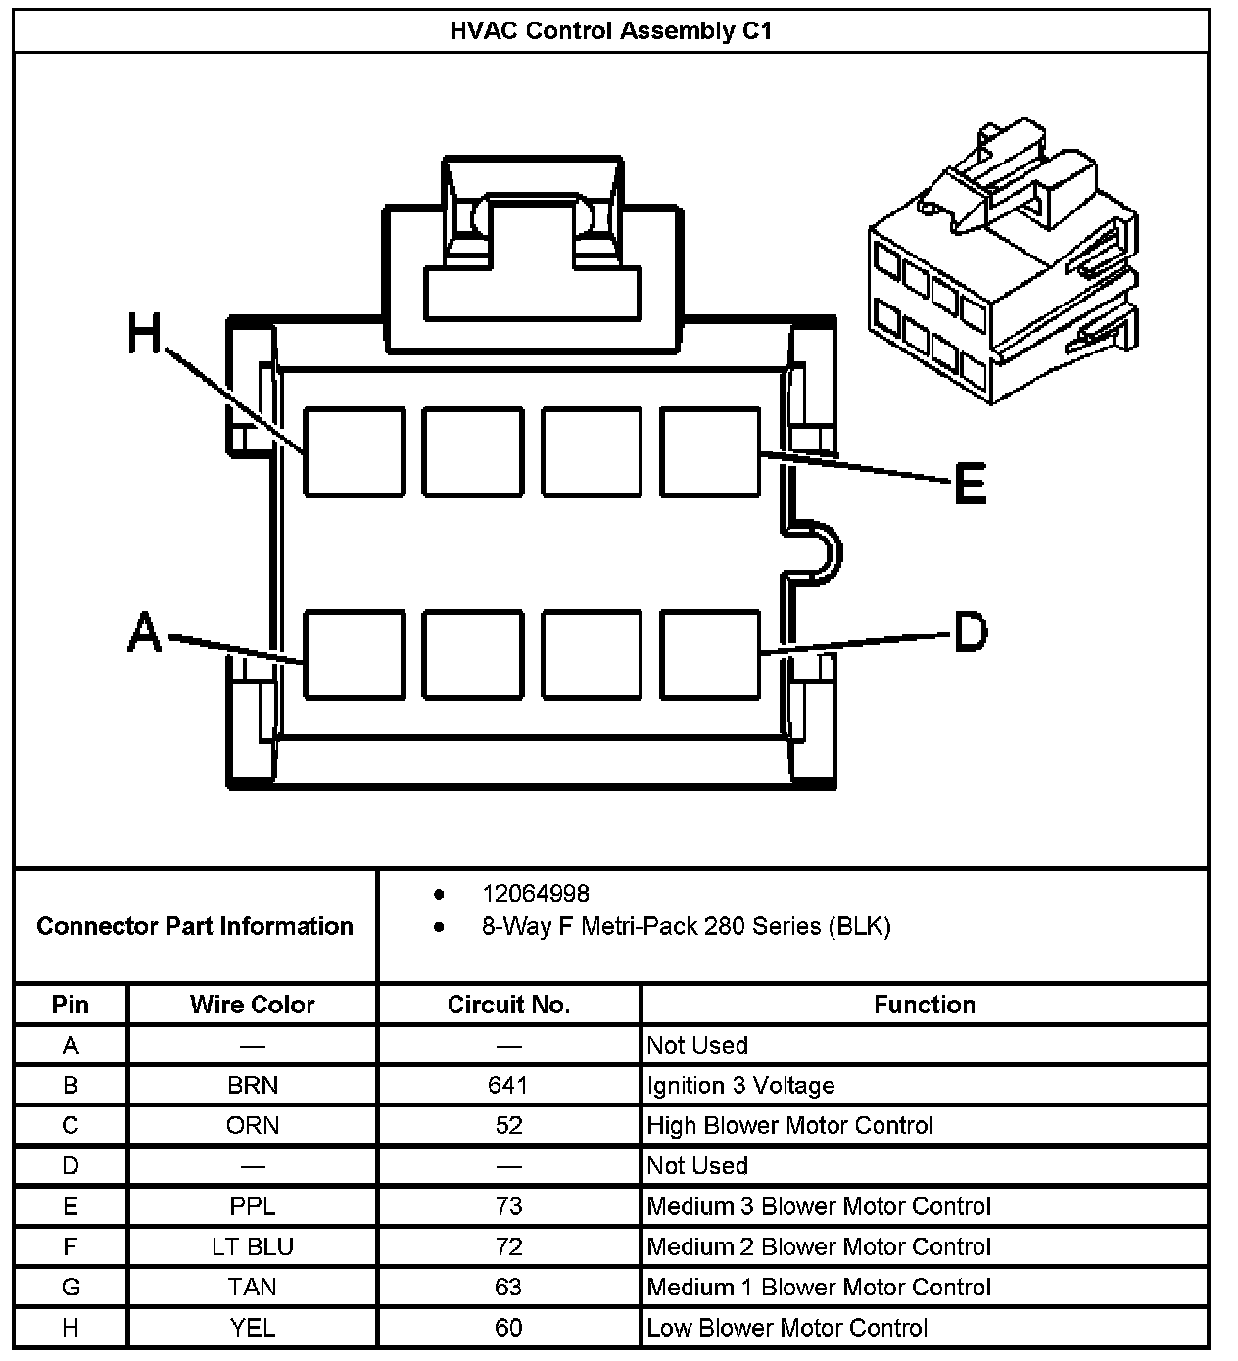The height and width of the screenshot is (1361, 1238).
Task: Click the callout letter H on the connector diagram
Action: pyautogui.click(x=144, y=333)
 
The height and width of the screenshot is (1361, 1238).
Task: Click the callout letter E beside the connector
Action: pyautogui.click(x=970, y=484)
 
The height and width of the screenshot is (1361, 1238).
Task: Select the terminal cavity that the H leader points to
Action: pyautogui.click(x=354, y=452)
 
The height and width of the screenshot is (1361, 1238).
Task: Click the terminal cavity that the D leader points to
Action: pyautogui.click(x=710, y=654)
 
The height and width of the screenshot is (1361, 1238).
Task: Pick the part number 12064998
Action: pyautogui.click(x=535, y=893)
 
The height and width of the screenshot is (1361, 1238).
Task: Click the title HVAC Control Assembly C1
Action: pyautogui.click(x=611, y=31)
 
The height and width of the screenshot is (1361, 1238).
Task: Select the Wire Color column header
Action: pyautogui.click(x=252, y=1005)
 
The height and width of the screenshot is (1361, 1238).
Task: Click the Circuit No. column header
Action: pyautogui.click(x=508, y=1005)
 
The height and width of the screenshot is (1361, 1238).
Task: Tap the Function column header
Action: pyautogui.click(x=924, y=1005)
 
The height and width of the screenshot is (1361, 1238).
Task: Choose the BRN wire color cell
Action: pyautogui.click(x=252, y=1085)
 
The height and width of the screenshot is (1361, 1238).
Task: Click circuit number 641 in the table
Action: pyautogui.click(x=508, y=1085)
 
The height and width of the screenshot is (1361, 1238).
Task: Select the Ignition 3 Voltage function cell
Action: pyautogui.click(x=740, y=1085)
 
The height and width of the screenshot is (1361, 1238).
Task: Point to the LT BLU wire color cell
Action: pyautogui.click(x=252, y=1246)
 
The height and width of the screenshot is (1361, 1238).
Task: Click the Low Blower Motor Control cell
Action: pyautogui.click(x=786, y=1328)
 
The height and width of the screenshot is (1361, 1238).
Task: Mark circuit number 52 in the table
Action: pyautogui.click(x=508, y=1125)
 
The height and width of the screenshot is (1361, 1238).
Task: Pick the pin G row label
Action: pyautogui.click(x=71, y=1287)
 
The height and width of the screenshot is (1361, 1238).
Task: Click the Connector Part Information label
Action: pyautogui.click(x=195, y=926)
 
